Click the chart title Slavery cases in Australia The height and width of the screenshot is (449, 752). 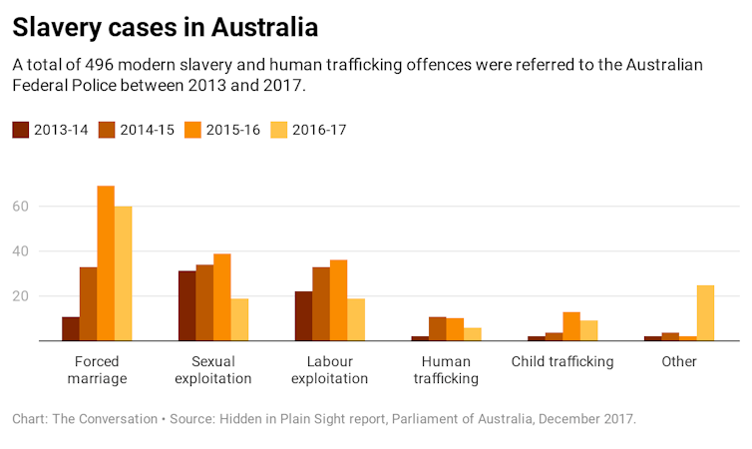[x=168, y=26]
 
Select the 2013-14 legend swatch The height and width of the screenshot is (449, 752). [x=20, y=129]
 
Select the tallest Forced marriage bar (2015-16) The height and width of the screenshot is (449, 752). [x=106, y=263]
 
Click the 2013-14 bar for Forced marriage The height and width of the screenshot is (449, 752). [x=70, y=329]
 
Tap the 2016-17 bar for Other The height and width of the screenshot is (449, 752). [x=706, y=313]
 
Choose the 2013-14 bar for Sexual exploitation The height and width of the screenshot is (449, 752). [x=187, y=306]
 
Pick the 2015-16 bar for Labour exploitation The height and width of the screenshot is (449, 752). [x=339, y=300]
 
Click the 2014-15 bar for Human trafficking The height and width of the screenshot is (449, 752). [x=437, y=329]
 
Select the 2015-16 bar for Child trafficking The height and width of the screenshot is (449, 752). [x=571, y=326]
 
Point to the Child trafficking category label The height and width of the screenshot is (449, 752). [x=562, y=361]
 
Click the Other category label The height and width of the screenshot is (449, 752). [x=679, y=361]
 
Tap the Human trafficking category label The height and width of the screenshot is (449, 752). [x=446, y=370]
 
